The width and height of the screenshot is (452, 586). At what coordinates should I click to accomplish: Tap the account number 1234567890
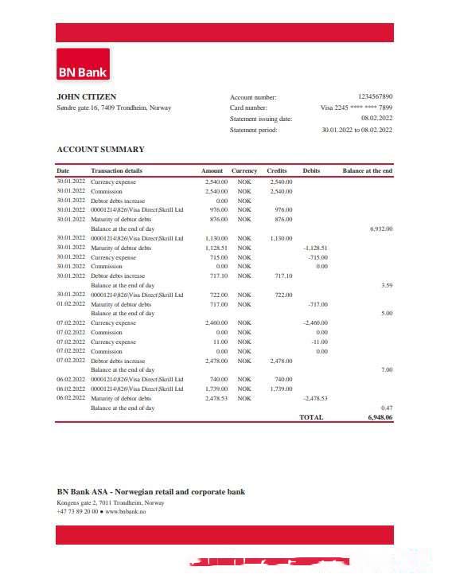[x=375, y=96]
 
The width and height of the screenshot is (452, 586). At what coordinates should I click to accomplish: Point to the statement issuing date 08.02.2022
[x=376, y=118]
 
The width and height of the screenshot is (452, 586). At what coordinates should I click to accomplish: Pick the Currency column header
[x=244, y=170]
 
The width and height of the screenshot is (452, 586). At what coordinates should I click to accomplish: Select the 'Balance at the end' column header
[x=367, y=170]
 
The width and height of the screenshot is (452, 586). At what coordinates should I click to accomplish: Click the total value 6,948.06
[x=380, y=417]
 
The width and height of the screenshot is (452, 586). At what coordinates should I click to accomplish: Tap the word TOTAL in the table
[x=311, y=417]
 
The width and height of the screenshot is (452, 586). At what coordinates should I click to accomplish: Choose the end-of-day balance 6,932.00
[x=381, y=229]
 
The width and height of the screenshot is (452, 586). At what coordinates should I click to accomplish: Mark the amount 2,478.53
[x=216, y=398]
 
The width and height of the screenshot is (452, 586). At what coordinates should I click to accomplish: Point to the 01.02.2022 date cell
[x=70, y=304]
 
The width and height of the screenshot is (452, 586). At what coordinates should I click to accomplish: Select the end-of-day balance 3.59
[x=386, y=285]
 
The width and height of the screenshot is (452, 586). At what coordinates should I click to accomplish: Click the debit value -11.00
[x=319, y=342]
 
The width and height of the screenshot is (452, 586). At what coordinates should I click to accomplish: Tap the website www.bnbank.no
[x=125, y=511]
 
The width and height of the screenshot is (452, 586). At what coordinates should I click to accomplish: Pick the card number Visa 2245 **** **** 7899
[x=356, y=107]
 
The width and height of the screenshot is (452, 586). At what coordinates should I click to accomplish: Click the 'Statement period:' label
[x=253, y=130]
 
